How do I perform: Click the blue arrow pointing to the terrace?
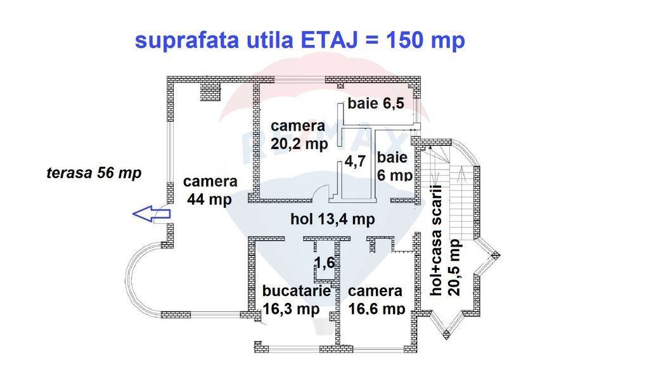point(151,214)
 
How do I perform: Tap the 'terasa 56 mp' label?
point(94,172)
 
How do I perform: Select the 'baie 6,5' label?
point(376,103)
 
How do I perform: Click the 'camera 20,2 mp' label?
point(299,135)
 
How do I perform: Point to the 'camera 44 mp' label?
point(210,190)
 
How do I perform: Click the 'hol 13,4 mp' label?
point(332,219)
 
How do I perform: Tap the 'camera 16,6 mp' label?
point(376,300)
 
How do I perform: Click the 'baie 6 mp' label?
point(394,166)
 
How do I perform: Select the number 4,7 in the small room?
point(355,161)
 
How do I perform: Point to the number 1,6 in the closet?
point(324,262)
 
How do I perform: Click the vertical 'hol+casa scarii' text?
point(436,240)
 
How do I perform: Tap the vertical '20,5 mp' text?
point(454,267)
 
